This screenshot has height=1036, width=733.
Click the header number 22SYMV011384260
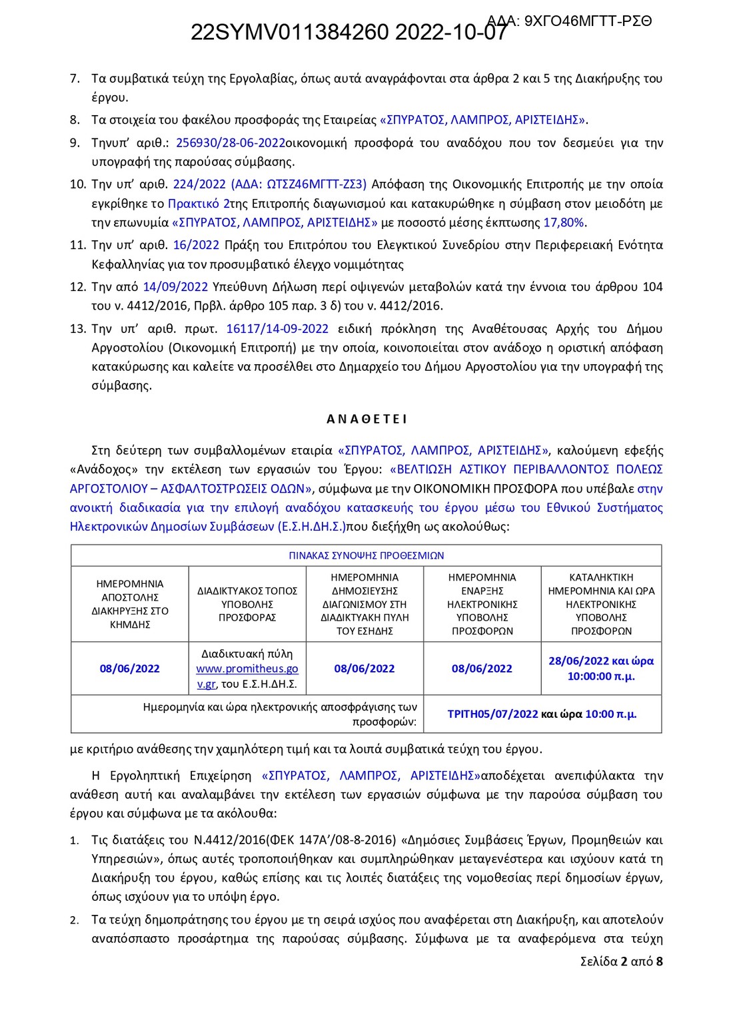[x=290, y=33]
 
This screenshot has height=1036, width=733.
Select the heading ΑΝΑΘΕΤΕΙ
[x=366, y=419]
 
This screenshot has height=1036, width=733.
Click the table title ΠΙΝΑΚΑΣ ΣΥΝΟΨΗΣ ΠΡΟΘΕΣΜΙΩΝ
[x=366, y=555]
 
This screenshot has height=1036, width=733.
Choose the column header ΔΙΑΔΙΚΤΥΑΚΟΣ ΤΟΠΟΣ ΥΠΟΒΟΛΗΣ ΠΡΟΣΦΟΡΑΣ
[x=247, y=604]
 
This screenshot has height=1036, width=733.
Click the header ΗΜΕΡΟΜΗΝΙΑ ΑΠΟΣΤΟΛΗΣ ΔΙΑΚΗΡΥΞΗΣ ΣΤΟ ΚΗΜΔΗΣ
[x=130, y=604]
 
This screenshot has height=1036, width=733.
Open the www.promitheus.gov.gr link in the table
[x=247, y=669]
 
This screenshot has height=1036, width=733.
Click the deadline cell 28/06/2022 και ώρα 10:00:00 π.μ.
[x=600, y=668]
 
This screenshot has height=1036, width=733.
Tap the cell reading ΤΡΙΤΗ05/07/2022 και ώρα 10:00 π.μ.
[x=542, y=714]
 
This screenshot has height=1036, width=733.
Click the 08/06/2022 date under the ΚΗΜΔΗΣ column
[x=130, y=668]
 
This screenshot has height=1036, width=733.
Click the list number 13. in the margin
[x=78, y=328]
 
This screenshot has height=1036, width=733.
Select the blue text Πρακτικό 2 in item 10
[x=199, y=203]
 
